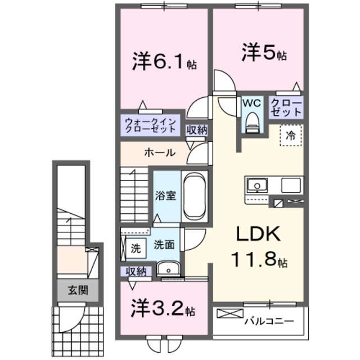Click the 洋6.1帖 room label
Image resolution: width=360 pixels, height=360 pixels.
165,60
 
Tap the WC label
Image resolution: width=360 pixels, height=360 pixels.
251,103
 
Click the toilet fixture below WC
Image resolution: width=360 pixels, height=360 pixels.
252,121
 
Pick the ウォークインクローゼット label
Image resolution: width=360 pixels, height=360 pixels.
151,125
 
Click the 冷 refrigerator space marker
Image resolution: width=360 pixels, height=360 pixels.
291,135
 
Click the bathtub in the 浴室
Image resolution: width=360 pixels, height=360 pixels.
195,197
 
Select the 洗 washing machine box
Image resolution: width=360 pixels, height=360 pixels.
136,246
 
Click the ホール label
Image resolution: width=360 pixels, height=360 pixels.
159,153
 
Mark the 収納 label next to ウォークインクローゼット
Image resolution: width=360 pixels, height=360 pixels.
197,129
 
